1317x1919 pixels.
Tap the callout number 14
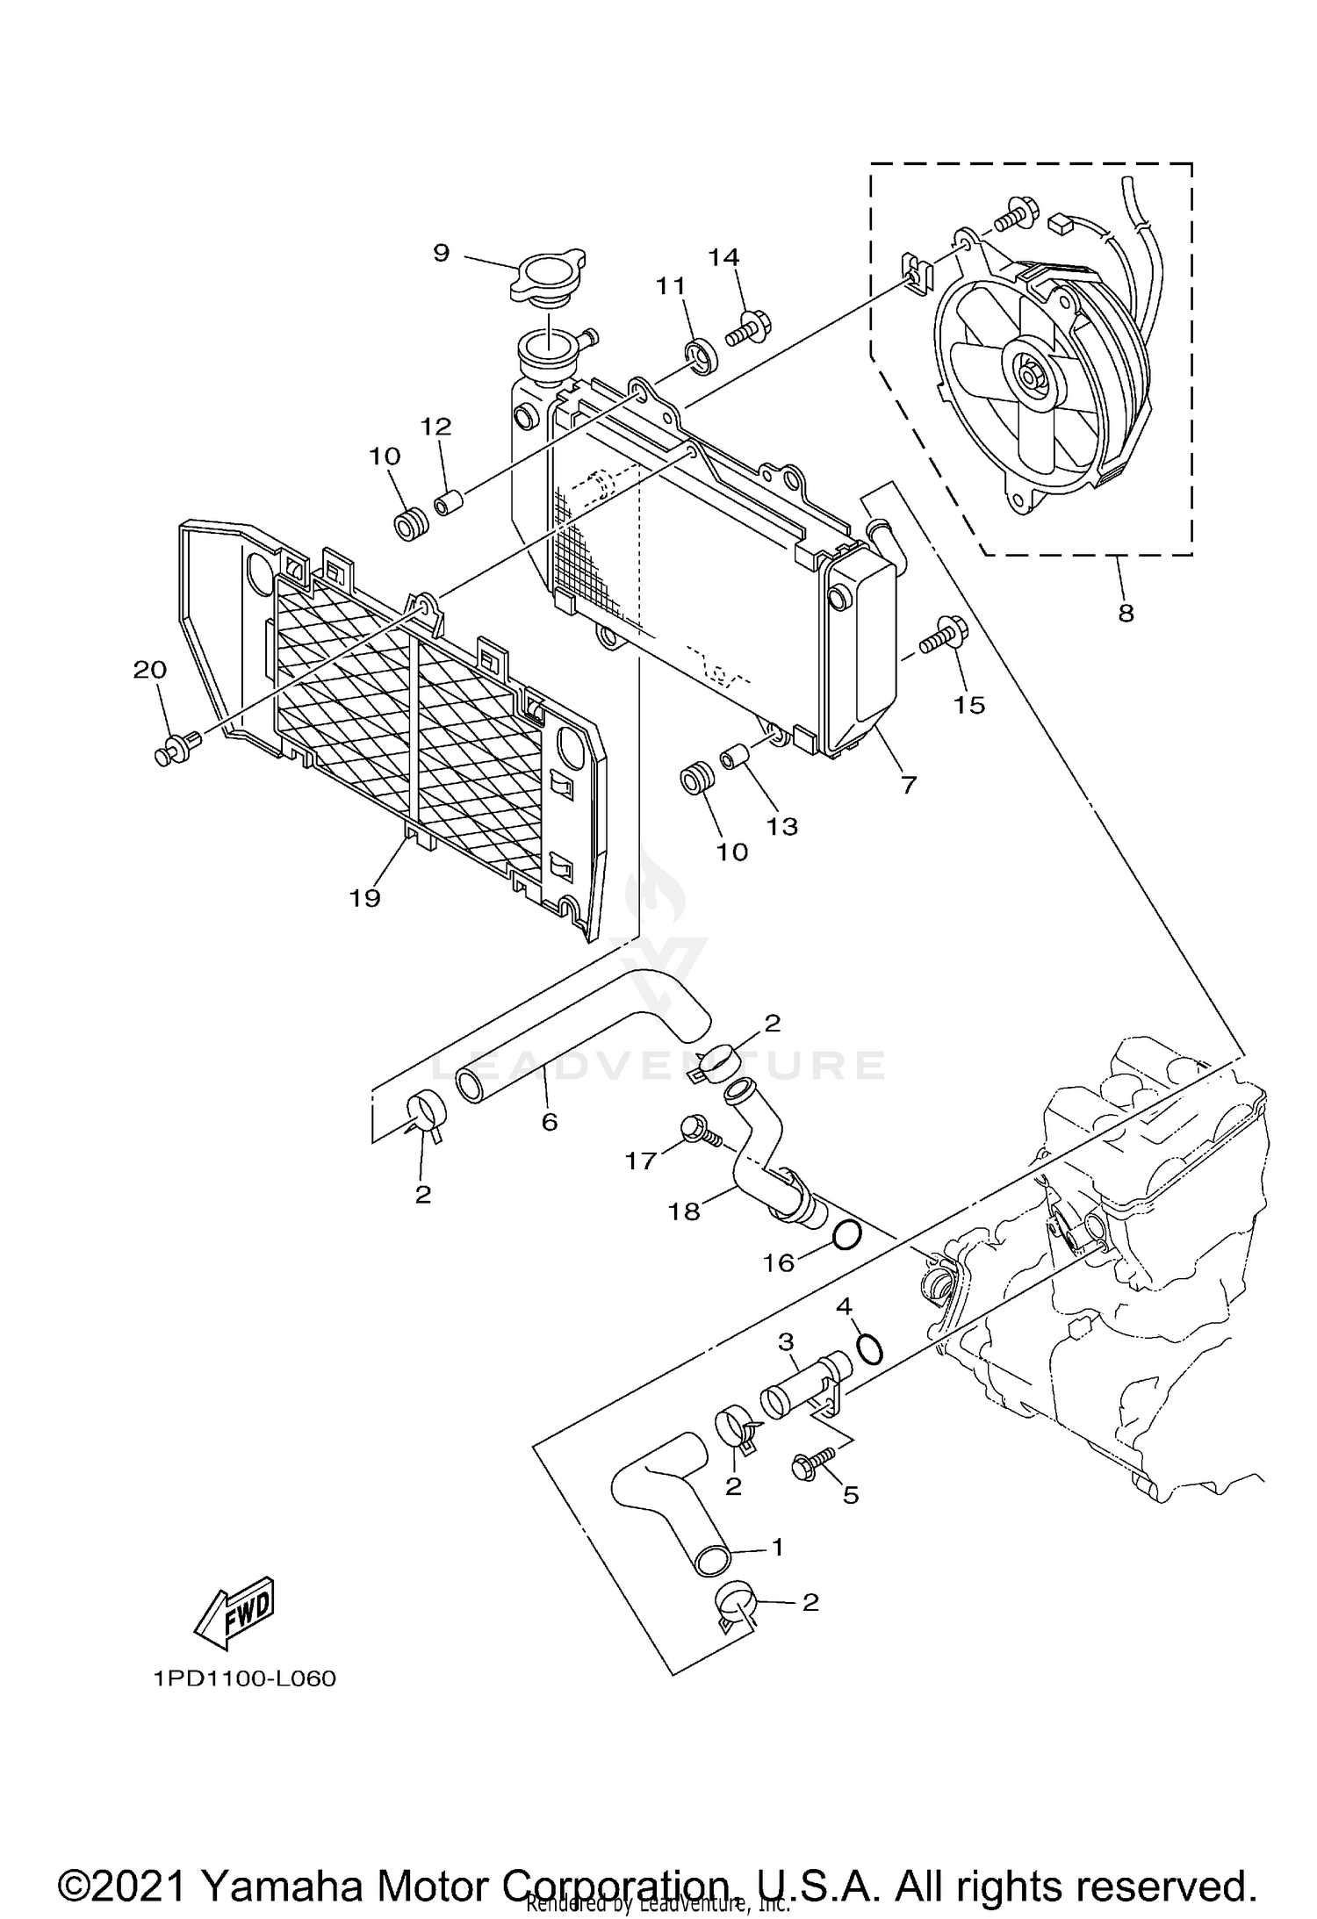(x=724, y=257)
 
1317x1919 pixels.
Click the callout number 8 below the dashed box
(x=1126, y=613)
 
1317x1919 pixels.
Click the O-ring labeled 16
(x=846, y=1236)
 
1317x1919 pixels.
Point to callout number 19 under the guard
(x=365, y=898)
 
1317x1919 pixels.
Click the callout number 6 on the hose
(x=550, y=1121)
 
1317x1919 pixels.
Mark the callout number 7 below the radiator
(x=908, y=784)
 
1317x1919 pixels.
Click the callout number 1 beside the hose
(x=776, y=1547)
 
